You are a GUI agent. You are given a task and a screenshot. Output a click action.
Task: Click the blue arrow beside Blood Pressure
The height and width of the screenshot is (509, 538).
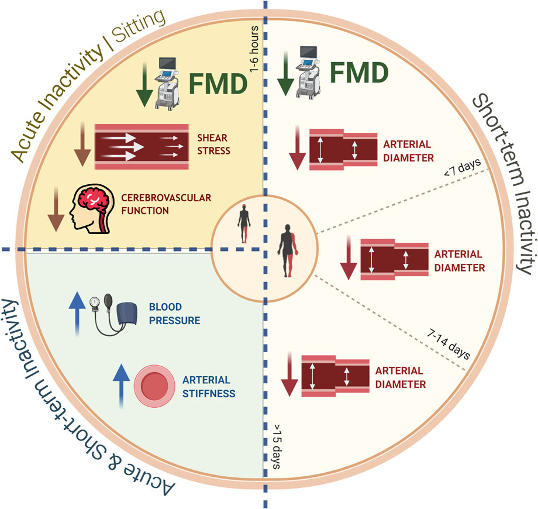click(x=74, y=314)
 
